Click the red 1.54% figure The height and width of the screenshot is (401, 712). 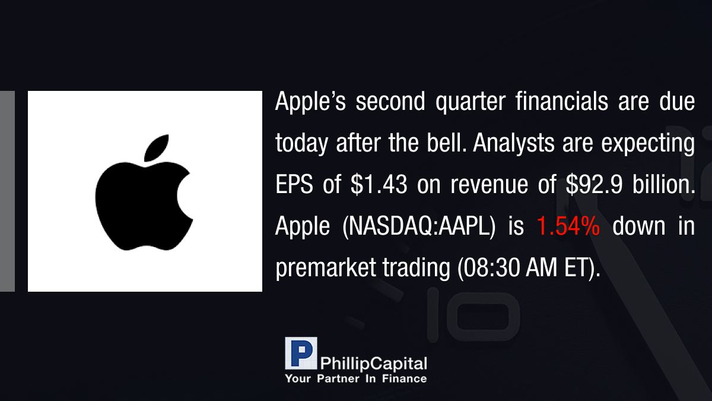pyautogui.click(x=568, y=226)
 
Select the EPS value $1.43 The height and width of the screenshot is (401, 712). pyautogui.click(x=379, y=184)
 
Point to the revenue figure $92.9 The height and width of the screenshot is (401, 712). pyautogui.click(x=594, y=184)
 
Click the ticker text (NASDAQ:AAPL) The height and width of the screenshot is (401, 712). pyautogui.click(x=419, y=226)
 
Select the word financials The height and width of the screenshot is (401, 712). pyautogui.click(x=562, y=101)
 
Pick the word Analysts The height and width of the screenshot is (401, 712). pyautogui.click(x=514, y=143)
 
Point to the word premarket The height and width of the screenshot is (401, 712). pyautogui.click(x=326, y=269)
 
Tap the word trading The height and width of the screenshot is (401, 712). pyautogui.click(x=417, y=269)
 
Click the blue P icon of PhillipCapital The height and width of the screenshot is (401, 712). pyautogui.click(x=301, y=353)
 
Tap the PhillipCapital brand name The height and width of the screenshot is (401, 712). pyautogui.click(x=373, y=364)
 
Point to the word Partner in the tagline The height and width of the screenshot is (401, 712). pyautogui.click(x=338, y=378)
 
